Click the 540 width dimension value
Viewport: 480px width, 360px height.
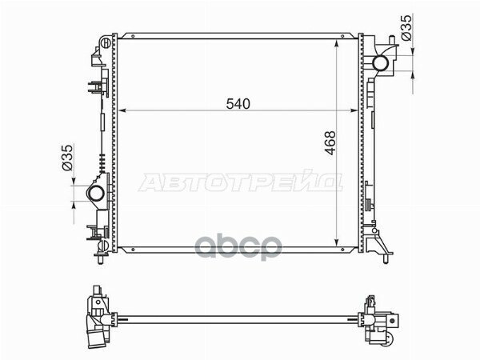click(238, 102)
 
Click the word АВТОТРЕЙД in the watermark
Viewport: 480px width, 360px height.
click(241, 183)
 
